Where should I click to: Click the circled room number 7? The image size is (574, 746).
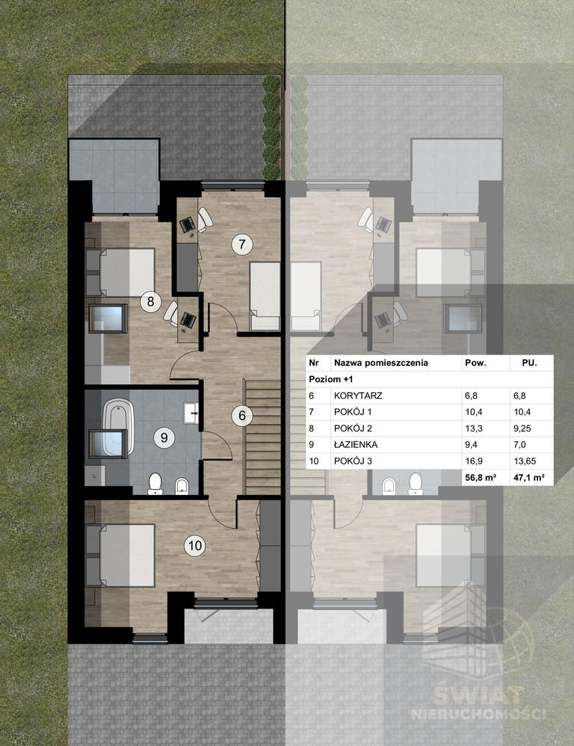pyautogui.click(x=242, y=244)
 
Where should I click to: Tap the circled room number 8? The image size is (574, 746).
pyautogui.click(x=150, y=302)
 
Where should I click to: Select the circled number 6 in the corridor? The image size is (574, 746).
pyautogui.click(x=242, y=415)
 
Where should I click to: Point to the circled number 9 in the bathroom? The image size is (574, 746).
pyautogui.click(x=164, y=437)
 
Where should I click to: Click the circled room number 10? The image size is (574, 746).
pyautogui.click(x=195, y=546)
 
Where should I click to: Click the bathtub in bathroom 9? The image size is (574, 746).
pyautogui.click(x=117, y=426)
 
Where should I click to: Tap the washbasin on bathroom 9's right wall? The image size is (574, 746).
pyautogui.click(x=191, y=412)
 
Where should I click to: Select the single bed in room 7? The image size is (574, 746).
pyautogui.click(x=265, y=296)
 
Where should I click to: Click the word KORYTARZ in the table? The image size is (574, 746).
pyautogui.click(x=358, y=395)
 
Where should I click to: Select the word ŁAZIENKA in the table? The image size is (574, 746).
pyautogui.click(x=356, y=445)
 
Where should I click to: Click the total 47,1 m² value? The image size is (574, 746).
pyautogui.click(x=528, y=477)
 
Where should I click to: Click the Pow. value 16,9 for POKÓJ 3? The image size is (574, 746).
pyautogui.click(x=474, y=461)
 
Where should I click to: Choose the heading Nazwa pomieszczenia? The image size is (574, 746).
pyautogui.click(x=381, y=363)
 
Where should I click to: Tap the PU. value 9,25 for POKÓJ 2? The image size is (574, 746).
pyautogui.click(x=522, y=428)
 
